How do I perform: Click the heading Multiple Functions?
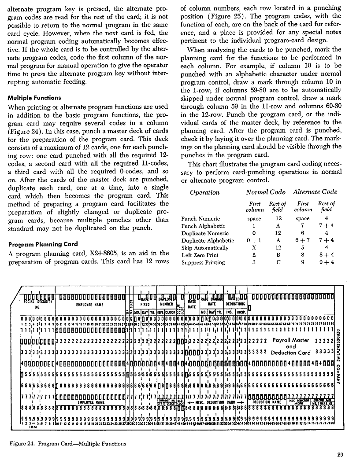point(34,98)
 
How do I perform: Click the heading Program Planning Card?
point(43,244)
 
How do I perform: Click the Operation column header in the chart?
point(204,192)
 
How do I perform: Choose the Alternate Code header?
point(315,191)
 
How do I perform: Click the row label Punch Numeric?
point(200,219)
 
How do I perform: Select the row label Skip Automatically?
point(205,248)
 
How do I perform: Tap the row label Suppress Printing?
point(203,262)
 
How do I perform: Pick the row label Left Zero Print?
point(200,255)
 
